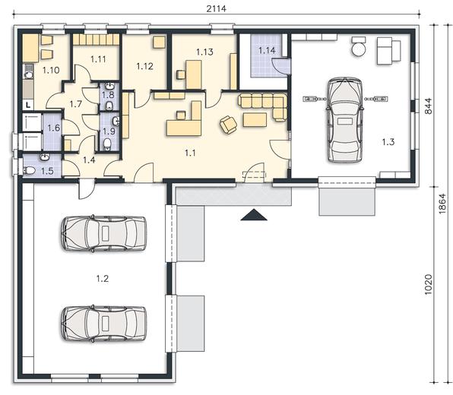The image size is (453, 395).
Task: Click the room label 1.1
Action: pyautogui.click(x=190, y=153)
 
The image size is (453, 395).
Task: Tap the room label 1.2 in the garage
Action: pyautogui.click(x=103, y=279)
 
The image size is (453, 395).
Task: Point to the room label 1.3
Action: pyautogui.click(x=388, y=142)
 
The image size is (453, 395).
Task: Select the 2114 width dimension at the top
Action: pyautogui.click(x=217, y=8)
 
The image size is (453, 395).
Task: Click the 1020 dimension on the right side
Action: pyautogui.click(x=428, y=284)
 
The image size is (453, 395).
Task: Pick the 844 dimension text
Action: pyautogui.click(x=428, y=106)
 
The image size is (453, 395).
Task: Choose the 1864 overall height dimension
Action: pyautogui.click(x=442, y=204)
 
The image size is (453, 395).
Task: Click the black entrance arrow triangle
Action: pyautogui.click(x=254, y=214)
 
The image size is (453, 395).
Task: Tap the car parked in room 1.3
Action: pyautogui.click(x=344, y=120)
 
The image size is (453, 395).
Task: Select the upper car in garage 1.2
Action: pyautogui.click(x=103, y=233)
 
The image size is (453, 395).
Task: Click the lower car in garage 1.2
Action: pyautogui.click(x=103, y=323)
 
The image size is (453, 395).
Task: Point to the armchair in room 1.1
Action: pyautogui.click(x=228, y=125)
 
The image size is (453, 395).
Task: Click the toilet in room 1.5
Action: pyautogui.click(x=29, y=171)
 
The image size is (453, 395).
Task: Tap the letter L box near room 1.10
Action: pyautogui.click(x=28, y=105)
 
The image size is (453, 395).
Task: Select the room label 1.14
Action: pyautogui.click(x=267, y=51)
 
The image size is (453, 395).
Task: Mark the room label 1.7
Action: pyautogui.click(x=76, y=104)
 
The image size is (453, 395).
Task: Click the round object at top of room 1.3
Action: pyautogui.click(x=359, y=49)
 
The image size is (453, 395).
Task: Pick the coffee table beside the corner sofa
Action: pyautogui.click(x=255, y=119)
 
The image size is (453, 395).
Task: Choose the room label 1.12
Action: pyautogui.click(x=144, y=66)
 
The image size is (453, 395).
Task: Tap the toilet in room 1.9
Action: pyautogui.click(x=107, y=144)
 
